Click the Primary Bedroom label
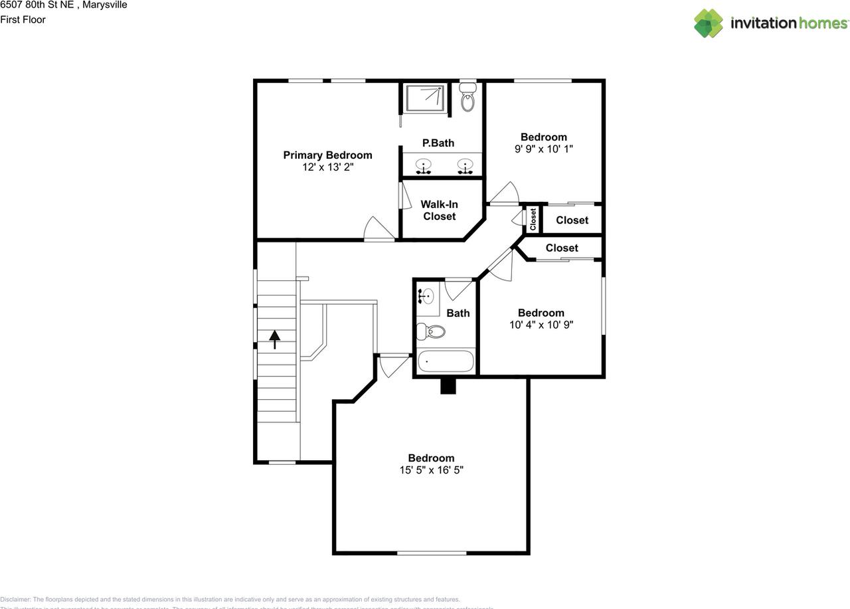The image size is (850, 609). pyautogui.click(x=327, y=155)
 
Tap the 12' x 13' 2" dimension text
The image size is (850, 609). pyautogui.click(x=327, y=168)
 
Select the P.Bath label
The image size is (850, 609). pyautogui.click(x=438, y=143)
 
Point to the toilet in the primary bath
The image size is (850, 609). pyautogui.click(x=467, y=98)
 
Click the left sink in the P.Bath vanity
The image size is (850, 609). pyautogui.click(x=422, y=165)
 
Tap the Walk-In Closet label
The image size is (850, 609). pyautogui.click(x=439, y=210)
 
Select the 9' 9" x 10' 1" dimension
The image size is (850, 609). pyautogui.click(x=543, y=149)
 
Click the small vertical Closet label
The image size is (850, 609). pyautogui.click(x=533, y=219)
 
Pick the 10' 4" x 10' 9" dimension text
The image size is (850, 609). pyautogui.click(x=541, y=325)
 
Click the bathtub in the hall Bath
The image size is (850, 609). pyautogui.click(x=446, y=362)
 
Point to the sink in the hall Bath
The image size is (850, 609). pyautogui.click(x=426, y=297)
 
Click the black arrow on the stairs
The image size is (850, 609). pyautogui.click(x=274, y=339)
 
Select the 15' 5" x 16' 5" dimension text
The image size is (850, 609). pyautogui.click(x=431, y=470)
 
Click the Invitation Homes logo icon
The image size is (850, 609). pyautogui.click(x=709, y=23)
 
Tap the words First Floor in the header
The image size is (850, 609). pyautogui.click(x=23, y=19)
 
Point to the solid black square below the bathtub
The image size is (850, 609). pyautogui.click(x=448, y=386)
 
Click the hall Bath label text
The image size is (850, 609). pyautogui.click(x=458, y=313)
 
